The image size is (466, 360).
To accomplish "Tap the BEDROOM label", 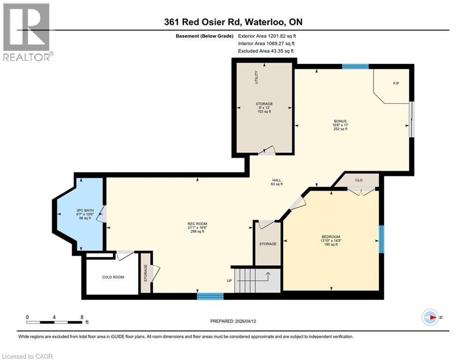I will (x=331, y=237).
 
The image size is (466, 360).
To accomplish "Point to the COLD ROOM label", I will (x=113, y=277).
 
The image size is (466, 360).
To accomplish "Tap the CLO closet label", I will (x=359, y=180).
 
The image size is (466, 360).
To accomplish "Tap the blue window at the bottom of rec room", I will (x=210, y=296).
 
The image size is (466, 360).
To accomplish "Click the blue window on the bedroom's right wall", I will (x=381, y=239).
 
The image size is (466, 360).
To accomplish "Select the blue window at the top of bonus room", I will (x=355, y=67).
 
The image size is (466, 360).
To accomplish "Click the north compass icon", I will (x=429, y=317).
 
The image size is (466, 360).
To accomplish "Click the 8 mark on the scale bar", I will (x=82, y=317).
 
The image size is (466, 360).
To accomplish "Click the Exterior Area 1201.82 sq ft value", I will (x=267, y=36).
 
